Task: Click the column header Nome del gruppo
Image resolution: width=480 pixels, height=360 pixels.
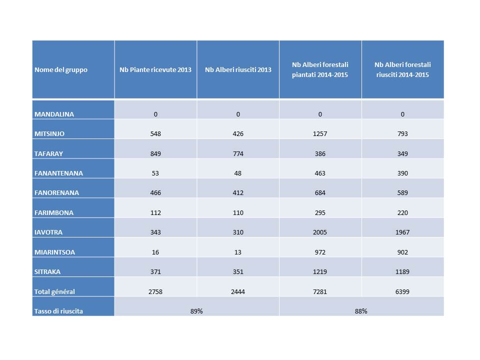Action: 61,70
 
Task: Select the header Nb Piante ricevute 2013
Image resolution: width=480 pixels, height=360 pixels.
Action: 155,70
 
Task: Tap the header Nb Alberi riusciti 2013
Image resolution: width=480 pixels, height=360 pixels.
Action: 238,70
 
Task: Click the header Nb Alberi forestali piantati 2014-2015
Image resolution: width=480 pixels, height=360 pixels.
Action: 320,69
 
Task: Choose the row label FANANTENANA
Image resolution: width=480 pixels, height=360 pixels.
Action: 58,173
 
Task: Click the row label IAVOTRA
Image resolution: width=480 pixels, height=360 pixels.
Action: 48,232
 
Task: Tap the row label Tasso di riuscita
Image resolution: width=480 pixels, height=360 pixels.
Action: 58,311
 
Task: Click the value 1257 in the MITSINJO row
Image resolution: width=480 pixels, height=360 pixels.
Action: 320,134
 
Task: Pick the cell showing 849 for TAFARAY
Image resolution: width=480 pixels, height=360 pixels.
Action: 155,153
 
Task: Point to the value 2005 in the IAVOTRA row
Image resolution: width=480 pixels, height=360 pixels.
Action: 320,232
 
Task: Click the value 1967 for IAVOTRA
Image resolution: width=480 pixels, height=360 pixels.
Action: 402,232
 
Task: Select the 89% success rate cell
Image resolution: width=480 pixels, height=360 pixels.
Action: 196,311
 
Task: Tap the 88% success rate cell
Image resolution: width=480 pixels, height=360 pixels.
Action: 361,311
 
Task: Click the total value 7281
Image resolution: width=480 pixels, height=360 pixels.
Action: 320,291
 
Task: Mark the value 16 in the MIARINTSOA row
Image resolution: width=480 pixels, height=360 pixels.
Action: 155,252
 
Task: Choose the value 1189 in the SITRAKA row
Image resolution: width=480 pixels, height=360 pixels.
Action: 402,272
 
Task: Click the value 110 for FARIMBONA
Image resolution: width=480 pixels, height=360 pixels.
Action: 238,213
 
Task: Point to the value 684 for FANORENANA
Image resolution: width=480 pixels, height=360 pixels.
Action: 320,193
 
